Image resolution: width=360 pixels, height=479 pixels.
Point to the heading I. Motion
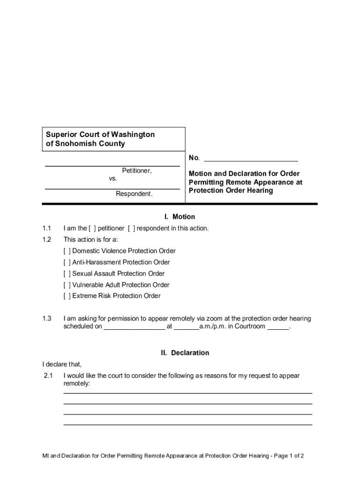180,217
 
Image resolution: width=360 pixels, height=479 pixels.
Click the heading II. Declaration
185,353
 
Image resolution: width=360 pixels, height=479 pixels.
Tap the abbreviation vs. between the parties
113,179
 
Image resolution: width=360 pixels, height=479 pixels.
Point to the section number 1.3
46,319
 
